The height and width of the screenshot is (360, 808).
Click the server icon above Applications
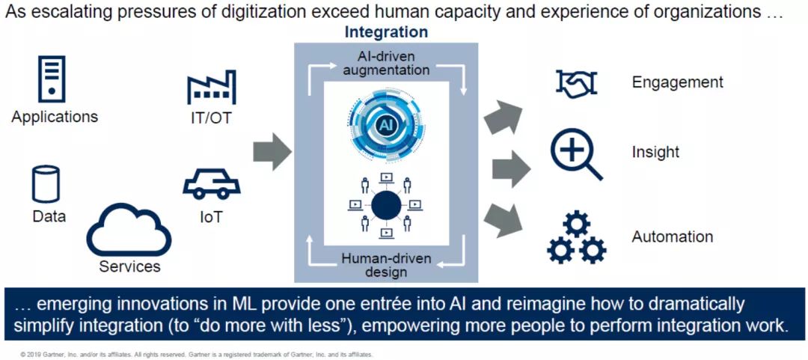click(52, 79)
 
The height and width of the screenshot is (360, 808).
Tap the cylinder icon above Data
click(46, 183)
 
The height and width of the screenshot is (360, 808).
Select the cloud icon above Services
click(129, 231)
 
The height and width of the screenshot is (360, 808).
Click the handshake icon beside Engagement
click(576, 82)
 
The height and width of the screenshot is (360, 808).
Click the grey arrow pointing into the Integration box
click(272, 152)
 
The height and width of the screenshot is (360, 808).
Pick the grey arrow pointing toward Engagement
click(503, 117)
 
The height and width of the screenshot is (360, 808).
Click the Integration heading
click(386, 32)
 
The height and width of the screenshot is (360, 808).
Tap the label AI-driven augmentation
click(387, 62)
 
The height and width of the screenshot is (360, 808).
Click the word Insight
click(655, 152)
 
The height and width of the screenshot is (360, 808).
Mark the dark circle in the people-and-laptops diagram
click(386, 206)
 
